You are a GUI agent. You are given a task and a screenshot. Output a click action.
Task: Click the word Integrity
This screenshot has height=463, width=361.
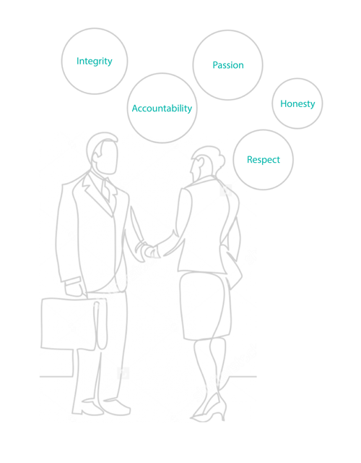pos(95,61)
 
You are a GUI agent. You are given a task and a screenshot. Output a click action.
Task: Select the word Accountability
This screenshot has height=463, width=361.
pos(162,109)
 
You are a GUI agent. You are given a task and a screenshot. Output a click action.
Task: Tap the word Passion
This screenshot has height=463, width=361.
pos(228,65)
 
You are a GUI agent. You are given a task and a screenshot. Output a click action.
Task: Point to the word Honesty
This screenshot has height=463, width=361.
pos(297,103)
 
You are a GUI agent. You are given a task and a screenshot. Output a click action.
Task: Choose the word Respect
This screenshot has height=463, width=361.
pos(264,160)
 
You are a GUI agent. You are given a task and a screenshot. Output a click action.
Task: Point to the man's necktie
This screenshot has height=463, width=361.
pos(106,190)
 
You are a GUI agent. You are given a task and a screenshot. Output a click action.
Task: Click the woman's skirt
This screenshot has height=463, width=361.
pos(205,306)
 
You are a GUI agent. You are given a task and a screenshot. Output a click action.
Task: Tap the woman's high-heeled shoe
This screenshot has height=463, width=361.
pos(210,407)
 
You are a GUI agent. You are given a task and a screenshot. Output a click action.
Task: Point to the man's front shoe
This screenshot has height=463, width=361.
pos(117,407)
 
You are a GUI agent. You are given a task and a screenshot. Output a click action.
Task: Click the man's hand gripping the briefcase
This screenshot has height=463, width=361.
pos(74,289)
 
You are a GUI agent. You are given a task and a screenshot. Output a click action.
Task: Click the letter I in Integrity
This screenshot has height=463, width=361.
pos(77,61)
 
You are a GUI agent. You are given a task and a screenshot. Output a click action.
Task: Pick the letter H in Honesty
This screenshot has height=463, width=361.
pos(284,103)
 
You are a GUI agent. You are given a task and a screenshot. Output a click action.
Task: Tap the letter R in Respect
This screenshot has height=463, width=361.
pos(250,159)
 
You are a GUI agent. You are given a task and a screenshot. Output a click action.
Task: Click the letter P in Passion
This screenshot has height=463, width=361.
pos(215,65)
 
